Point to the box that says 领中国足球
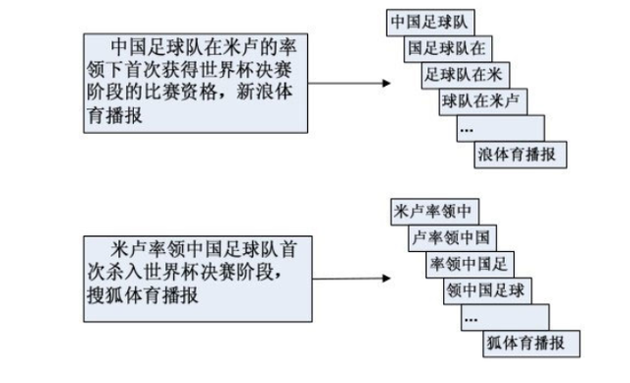coord(488,290)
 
